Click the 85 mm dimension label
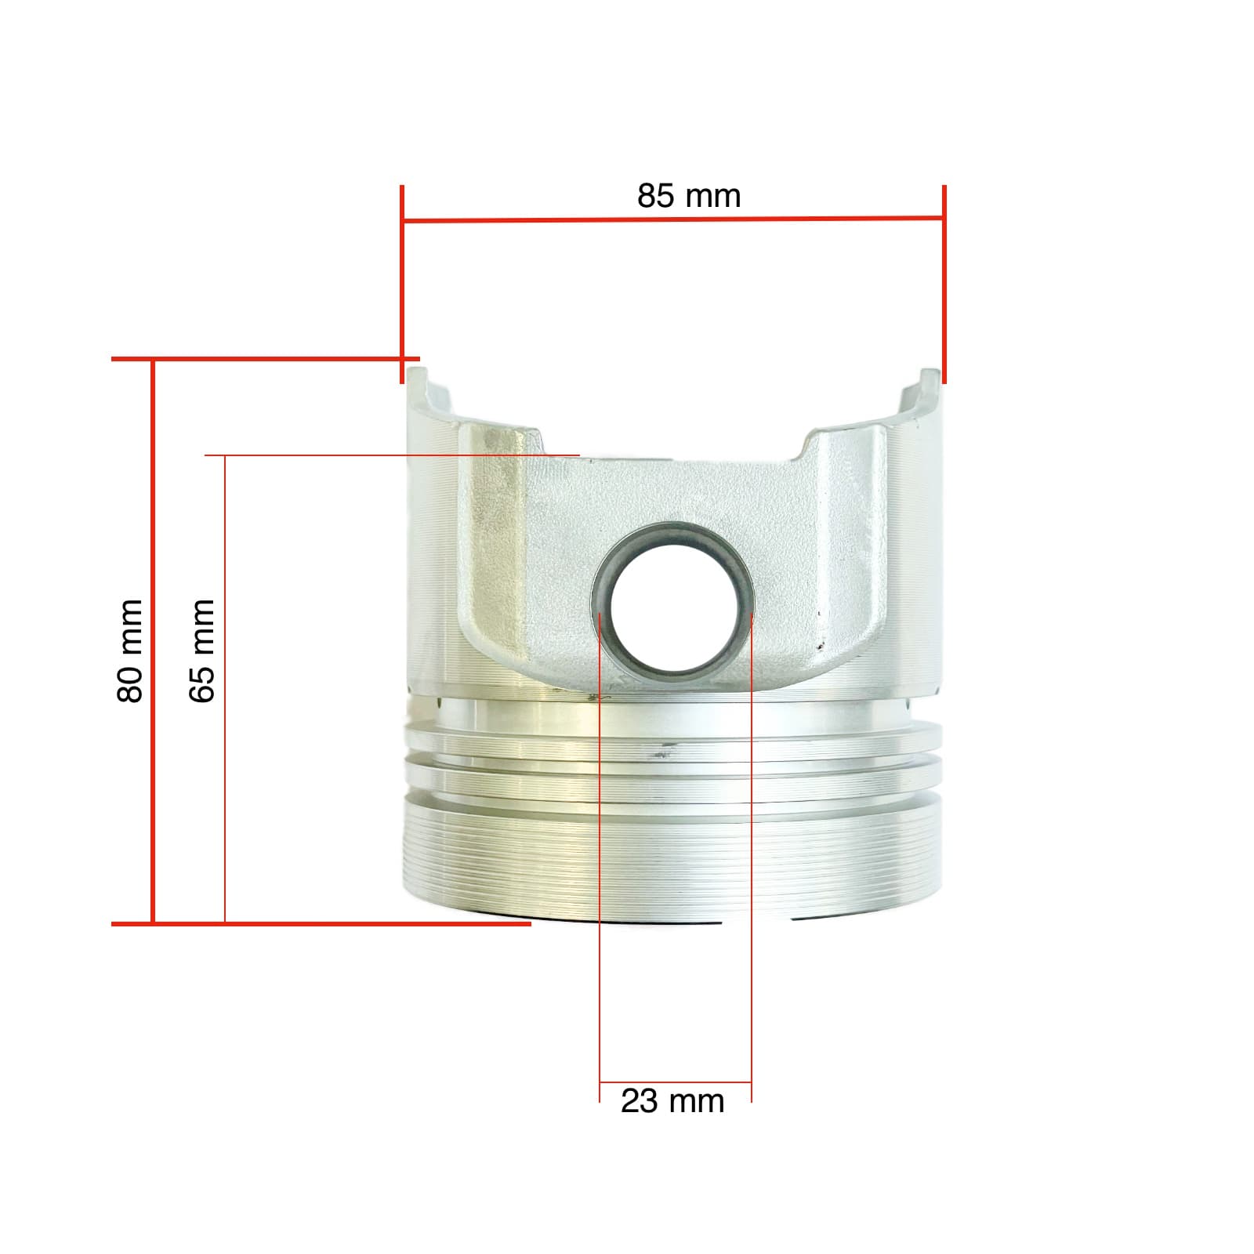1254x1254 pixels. (688, 196)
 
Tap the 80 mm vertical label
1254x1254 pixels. (130, 651)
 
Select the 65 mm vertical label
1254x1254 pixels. (201, 651)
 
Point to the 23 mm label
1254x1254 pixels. (672, 1101)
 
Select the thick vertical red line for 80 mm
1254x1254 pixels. (153, 643)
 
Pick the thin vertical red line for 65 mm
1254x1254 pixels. (225, 690)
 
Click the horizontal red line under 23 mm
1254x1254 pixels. (676, 1083)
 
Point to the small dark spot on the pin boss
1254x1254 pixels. (821, 648)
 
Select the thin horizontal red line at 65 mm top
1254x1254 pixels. (392, 455)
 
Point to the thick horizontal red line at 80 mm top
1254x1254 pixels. (266, 360)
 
